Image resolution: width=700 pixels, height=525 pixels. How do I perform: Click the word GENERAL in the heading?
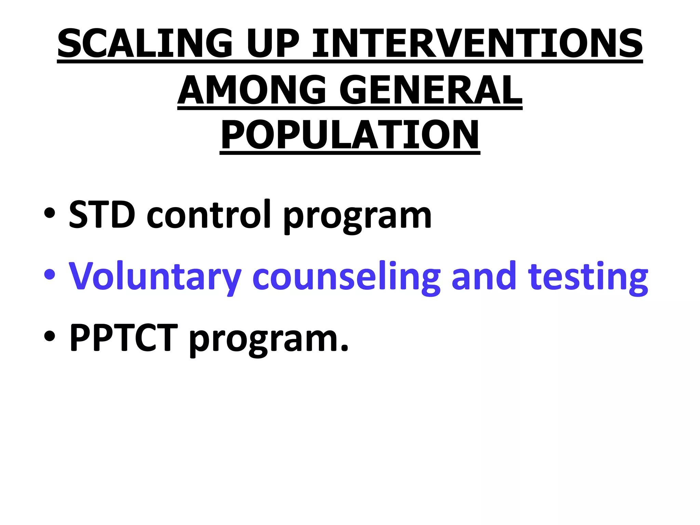[431, 90]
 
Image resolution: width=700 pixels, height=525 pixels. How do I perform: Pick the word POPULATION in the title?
[350, 135]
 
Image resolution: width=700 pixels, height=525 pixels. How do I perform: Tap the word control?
[209, 215]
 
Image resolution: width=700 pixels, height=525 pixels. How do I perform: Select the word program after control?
[357, 217]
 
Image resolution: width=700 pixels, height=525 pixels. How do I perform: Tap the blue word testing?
[588, 277]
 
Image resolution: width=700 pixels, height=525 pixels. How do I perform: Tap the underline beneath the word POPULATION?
[350, 153]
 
